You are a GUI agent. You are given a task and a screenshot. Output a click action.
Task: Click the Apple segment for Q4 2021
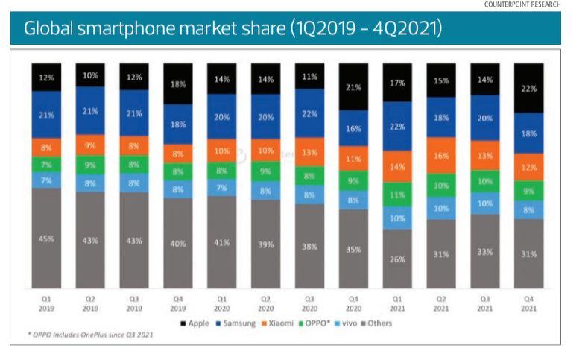click(529, 88)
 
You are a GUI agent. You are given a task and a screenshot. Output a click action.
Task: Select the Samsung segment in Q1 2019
click(47, 114)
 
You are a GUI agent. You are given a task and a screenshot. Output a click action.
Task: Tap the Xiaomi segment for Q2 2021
click(441, 156)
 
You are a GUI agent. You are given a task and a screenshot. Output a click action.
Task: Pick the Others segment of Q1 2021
click(397, 259)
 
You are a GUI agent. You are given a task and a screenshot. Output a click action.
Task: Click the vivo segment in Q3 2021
click(485, 203)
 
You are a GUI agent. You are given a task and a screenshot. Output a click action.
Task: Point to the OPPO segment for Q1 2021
click(397, 195)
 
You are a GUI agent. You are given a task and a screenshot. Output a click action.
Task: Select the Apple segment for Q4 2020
click(353, 87)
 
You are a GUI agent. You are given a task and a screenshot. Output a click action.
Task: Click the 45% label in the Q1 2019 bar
click(47, 238)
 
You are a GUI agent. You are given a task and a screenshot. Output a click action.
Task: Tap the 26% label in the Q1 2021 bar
click(397, 259)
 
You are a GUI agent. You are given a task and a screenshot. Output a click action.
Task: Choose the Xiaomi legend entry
click(281, 323)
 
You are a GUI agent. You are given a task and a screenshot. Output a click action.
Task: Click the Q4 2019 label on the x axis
click(178, 302)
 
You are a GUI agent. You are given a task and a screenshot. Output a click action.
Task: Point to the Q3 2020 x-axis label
click(309, 302)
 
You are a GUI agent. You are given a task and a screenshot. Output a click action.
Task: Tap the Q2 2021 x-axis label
click(441, 302)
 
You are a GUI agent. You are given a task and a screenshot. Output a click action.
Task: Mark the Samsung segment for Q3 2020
click(309, 113)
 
